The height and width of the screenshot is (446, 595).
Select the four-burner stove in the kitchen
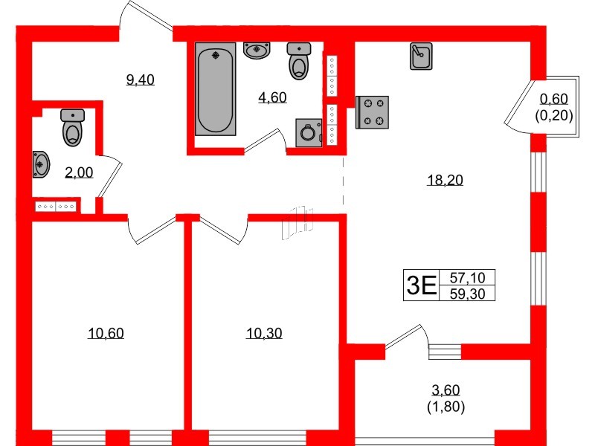pos(373,111)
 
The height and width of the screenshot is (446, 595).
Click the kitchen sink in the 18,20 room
pos(421,56)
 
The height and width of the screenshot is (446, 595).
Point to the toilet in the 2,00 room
pos(73,128)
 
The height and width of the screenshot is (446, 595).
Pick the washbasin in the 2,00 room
pos(41,163)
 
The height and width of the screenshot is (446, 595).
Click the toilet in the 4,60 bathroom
pos(299,61)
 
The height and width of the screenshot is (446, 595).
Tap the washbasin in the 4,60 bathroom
pos(257,50)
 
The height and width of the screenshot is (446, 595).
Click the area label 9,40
pos(140,80)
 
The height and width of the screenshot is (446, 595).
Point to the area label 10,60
pos(106,333)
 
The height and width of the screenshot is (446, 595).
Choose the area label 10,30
pos(264,333)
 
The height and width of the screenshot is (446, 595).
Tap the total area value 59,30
pos(467,293)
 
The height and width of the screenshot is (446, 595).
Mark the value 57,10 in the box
pos(467,277)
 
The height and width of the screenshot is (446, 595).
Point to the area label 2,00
pos(79,172)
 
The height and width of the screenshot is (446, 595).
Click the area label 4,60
pos(272,97)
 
